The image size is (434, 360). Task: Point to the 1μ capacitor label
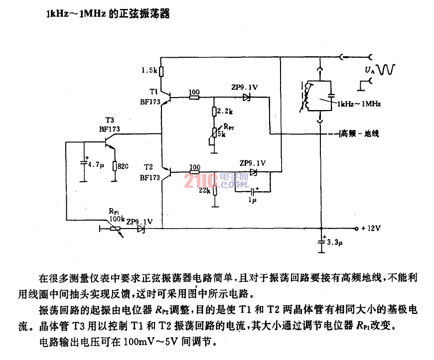pyautogui.click(x=253, y=200)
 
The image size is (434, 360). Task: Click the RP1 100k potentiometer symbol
pyautogui.click(x=116, y=230)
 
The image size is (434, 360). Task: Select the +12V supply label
pyautogui.click(x=371, y=229)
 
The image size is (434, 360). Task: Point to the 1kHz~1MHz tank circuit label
pyautogui.click(x=359, y=104)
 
